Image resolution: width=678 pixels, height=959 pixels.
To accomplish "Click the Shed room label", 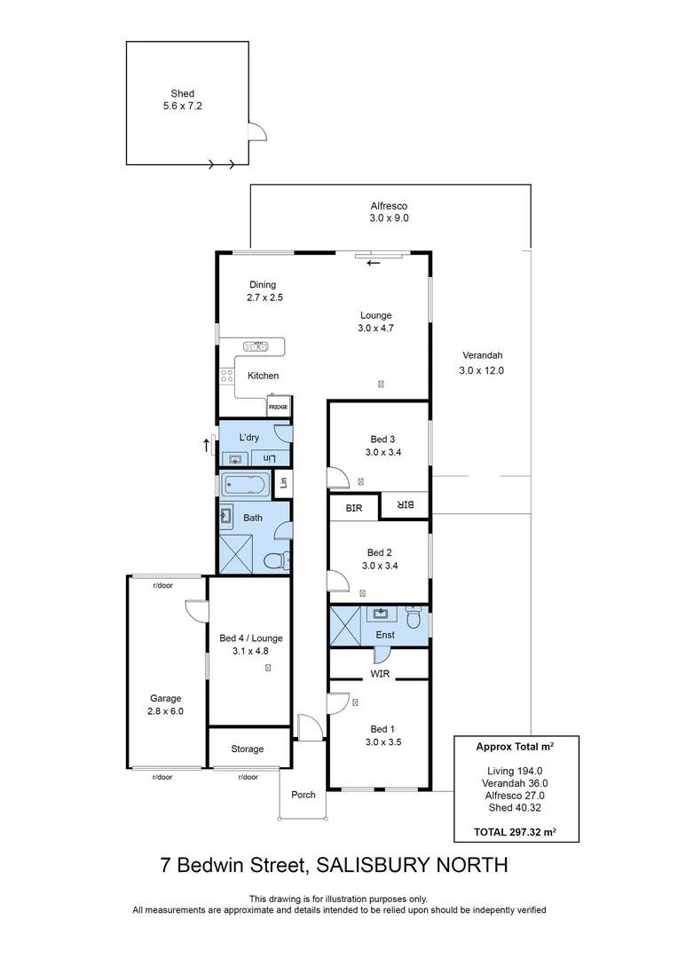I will point(183,93).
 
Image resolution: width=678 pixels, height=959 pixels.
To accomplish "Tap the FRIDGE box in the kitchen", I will point(279,407).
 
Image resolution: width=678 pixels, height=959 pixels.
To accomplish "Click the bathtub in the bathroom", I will point(245,485).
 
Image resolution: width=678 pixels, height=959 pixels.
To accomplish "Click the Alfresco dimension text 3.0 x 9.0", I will point(389,218).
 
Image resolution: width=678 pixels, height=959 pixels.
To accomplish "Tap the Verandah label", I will point(482,353).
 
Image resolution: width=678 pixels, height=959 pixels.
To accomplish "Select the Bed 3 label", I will point(382,439).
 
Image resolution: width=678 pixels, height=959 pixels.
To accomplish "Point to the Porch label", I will point(304,795).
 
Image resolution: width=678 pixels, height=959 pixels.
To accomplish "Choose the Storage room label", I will point(248,749).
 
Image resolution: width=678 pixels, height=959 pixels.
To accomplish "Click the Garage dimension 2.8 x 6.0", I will point(165,710).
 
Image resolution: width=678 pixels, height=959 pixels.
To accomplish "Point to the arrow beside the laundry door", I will point(207,445).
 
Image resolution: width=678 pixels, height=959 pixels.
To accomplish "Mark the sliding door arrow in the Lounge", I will point(374,263).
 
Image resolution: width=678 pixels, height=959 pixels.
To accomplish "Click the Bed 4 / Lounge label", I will point(251,638).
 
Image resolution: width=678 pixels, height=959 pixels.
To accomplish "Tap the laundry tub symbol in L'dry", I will point(234,459).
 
